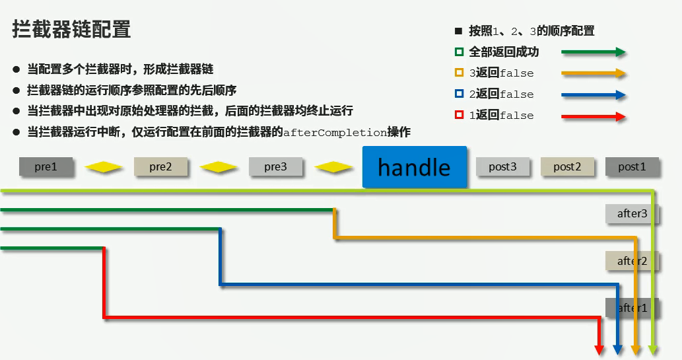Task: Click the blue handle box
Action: pyautogui.click(x=415, y=166)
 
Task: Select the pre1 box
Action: pyautogui.click(x=46, y=167)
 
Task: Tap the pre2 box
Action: pyautogui.click(x=160, y=167)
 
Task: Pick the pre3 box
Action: pyautogui.click(x=275, y=167)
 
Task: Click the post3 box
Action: pyautogui.click(x=502, y=167)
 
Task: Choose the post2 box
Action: pyautogui.click(x=567, y=167)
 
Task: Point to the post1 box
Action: pyautogui.click(x=632, y=167)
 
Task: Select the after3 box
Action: pyautogui.click(x=632, y=213)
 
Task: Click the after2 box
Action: pyautogui.click(x=632, y=261)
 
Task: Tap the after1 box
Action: pyautogui.click(x=632, y=308)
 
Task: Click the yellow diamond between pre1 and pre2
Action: pyautogui.click(x=103, y=168)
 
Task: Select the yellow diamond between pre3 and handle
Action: pyautogui.click(x=333, y=168)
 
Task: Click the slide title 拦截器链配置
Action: pyautogui.click(x=71, y=30)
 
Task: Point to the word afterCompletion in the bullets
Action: pyautogui.click(x=334, y=132)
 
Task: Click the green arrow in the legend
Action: pyautogui.click(x=593, y=52)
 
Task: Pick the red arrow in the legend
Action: pyautogui.click(x=593, y=117)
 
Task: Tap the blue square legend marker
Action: pyautogui.click(x=459, y=94)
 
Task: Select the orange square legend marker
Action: pyautogui.click(x=459, y=73)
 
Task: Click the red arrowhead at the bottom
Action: pyautogui.click(x=599, y=349)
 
